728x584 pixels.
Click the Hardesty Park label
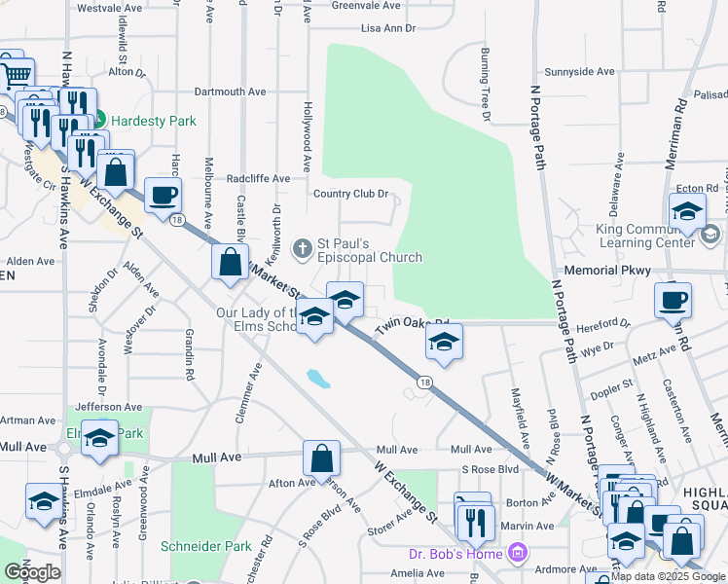click(153, 121)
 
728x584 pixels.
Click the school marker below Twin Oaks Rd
click(444, 343)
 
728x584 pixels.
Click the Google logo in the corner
click(31, 572)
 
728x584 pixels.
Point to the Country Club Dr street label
click(350, 194)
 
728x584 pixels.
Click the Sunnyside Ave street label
click(580, 72)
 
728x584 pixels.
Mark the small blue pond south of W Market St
click(317, 377)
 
